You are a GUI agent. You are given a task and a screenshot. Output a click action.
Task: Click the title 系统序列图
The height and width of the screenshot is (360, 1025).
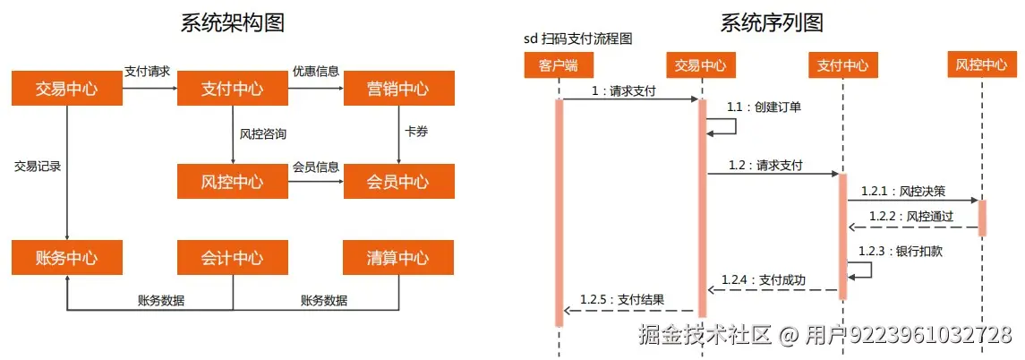tap(772, 23)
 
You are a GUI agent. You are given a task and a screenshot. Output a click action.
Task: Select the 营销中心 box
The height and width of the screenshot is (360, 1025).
tap(398, 89)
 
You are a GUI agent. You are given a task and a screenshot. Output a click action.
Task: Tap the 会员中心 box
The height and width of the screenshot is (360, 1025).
tap(398, 182)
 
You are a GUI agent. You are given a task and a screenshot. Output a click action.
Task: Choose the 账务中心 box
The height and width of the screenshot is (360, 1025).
tap(66, 258)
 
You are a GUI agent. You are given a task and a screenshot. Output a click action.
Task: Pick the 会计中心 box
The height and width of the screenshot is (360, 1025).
tap(233, 258)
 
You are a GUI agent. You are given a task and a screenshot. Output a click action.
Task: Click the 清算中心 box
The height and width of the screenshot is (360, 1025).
tap(398, 258)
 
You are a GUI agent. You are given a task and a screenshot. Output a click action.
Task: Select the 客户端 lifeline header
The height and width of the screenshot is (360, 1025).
tap(559, 64)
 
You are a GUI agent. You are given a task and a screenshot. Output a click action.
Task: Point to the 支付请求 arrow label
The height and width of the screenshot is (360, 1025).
tap(147, 71)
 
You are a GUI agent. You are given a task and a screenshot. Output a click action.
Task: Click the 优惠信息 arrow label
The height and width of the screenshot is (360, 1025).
tap(315, 71)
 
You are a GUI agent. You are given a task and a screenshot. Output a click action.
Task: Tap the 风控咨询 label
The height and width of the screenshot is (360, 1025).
tap(263, 134)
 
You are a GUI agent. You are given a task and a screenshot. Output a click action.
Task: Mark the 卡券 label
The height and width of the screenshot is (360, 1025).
tap(416, 132)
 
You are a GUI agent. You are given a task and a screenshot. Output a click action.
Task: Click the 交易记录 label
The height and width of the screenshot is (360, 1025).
tap(38, 166)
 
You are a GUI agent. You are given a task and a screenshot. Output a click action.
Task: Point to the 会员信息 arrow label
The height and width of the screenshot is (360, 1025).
tap(315, 167)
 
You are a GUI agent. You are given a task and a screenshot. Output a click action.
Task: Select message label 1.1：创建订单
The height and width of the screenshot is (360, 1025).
tap(764, 107)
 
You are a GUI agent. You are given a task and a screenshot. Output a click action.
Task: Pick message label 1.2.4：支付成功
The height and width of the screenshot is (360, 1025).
tap(763, 280)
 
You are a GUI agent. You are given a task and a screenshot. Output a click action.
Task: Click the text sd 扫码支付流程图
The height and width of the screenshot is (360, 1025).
tap(578, 40)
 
